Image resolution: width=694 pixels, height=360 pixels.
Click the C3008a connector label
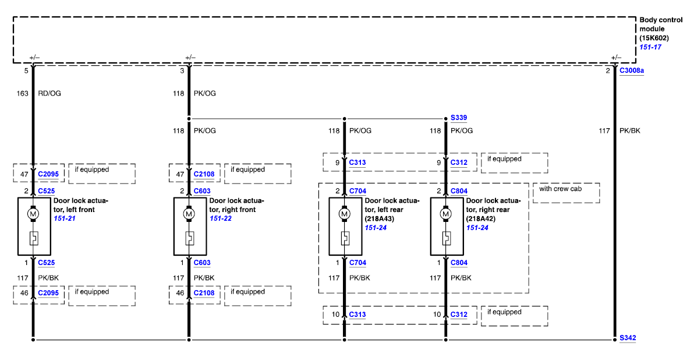pyautogui.click(x=632, y=71)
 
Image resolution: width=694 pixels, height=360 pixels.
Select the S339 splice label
pyautogui.click(x=458, y=118)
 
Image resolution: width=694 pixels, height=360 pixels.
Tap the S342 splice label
pyautogui.click(x=628, y=338)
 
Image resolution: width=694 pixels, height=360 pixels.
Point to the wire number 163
pyautogui.click(x=23, y=93)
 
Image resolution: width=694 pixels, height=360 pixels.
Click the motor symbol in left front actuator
pyautogui.click(x=33, y=214)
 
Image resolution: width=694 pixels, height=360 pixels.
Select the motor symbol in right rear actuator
pyautogui.click(x=445, y=214)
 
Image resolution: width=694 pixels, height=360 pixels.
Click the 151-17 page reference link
pyautogui.click(x=650, y=47)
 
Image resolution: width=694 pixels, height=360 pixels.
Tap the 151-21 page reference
pyautogui.click(x=65, y=218)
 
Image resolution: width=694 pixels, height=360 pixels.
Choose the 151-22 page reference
pyautogui.click(x=221, y=218)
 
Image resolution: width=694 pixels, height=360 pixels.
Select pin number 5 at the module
pyautogui.click(x=26, y=71)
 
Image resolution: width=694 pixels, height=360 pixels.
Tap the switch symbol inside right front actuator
pyautogui.click(x=189, y=238)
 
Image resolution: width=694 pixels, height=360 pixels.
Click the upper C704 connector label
pyautogui.click(x=357, y=191)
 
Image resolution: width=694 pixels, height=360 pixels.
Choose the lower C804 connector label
pyautogui.click(x=459, y=263)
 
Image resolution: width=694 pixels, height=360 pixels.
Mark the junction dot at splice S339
pyautogui.click(x=445, y=118)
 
